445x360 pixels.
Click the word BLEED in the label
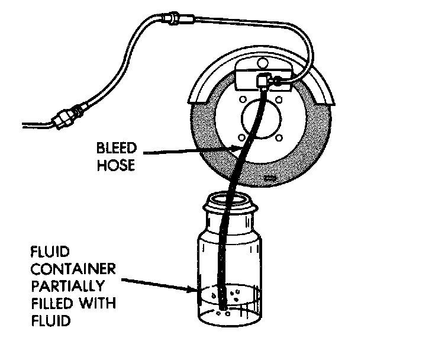click(x=117, y=147)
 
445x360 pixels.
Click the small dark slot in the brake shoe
click(x=272, y=177)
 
